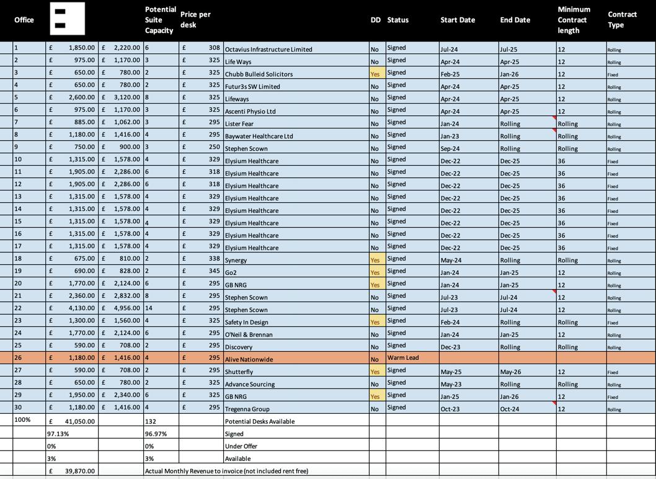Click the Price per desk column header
tap(195, 19)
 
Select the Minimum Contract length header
tap(574, 20)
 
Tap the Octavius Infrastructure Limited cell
tap(268, 49)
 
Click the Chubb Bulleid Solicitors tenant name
tap(259, 74)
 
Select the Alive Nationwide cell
tap(249, 359)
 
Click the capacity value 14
tap(149, 308)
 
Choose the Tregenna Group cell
tap(247, 409)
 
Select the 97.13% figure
tap(58, 434)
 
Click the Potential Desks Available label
tap(259, 421)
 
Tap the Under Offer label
tap(241, 446)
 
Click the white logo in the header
tap(67, 19)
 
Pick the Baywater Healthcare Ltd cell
tap(259, 136)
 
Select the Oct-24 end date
tap(510, 408)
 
